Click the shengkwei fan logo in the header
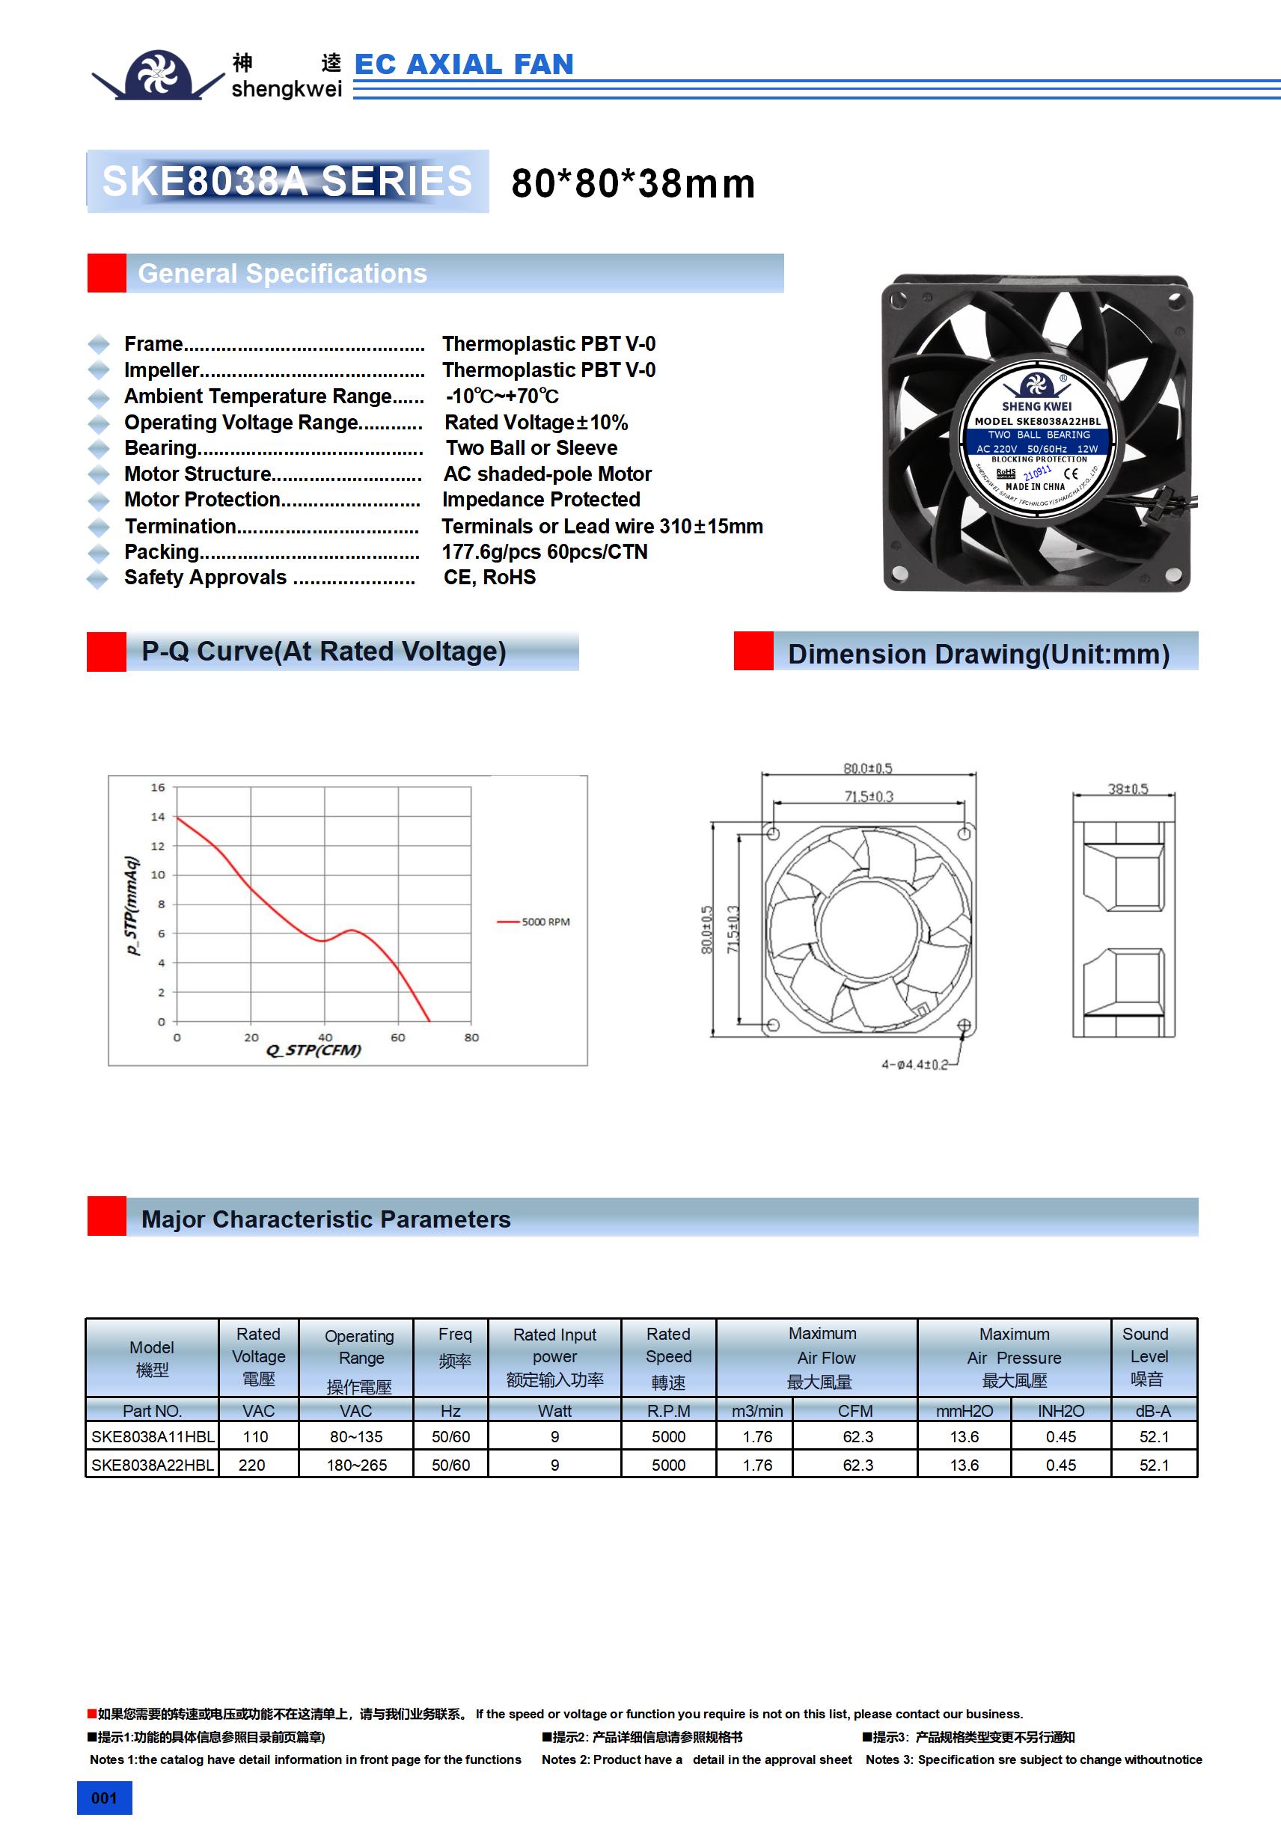(x=158, y=75)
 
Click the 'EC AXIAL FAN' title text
(x=464, y=64)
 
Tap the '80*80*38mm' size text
(x=633, y=183)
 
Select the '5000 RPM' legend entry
(x=534, y=922)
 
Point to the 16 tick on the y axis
(x=158, y=788)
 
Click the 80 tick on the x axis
(x=471, y=1038)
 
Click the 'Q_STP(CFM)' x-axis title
(x=314, y=1050)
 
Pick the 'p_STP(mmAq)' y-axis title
(x=132, y=905)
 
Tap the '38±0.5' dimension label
(x=1128, y=789)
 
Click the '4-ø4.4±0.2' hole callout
(x=914, y=1065)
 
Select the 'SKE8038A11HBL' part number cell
(x=153, y=1437)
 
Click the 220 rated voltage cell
(x=252, y=1465)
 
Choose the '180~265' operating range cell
(x=356, y=1465)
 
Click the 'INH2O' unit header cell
(x=1060, y=1411)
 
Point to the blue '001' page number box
(x=104, y=1798)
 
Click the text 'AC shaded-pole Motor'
(x=547, y=474)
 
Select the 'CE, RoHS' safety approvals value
(x=489, y=578)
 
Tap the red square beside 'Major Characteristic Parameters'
(x=107, y=1216)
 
